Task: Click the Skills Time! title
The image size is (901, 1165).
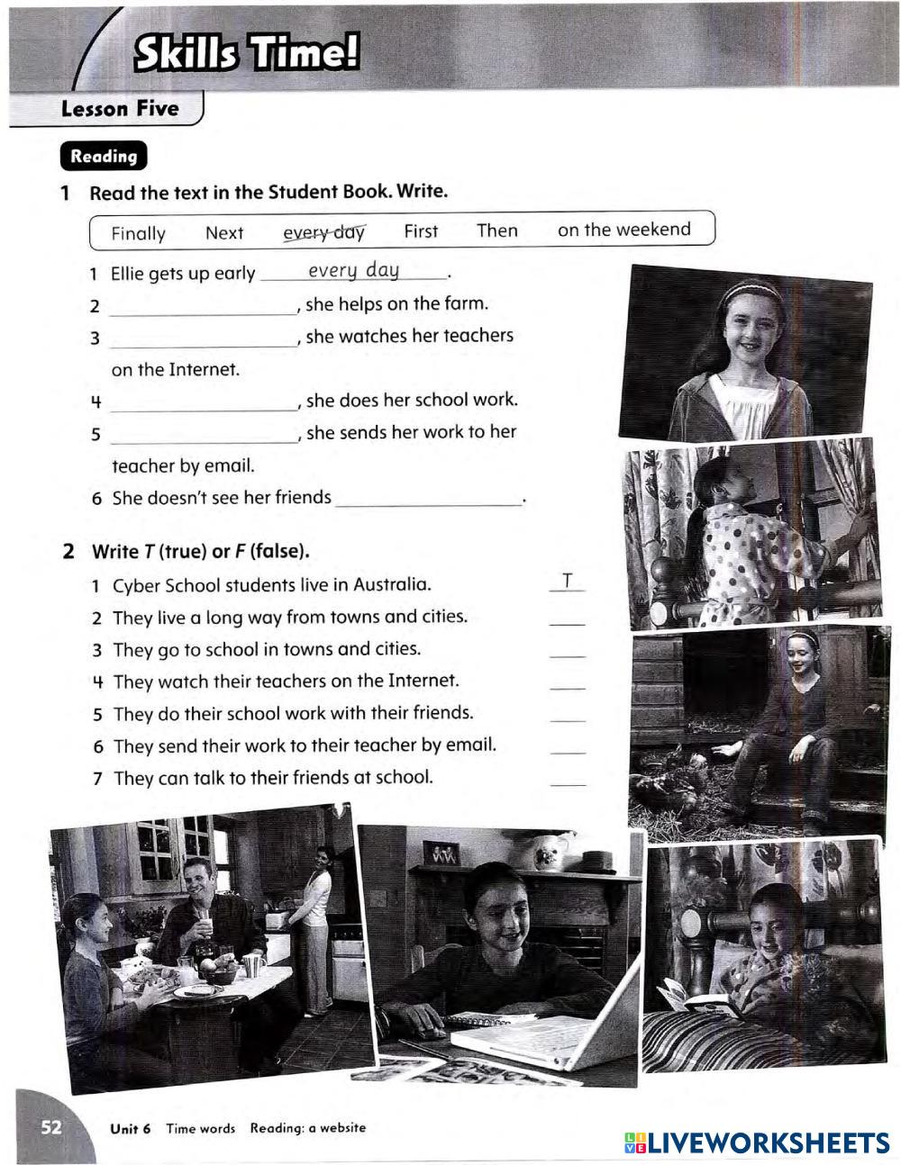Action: [247, 52]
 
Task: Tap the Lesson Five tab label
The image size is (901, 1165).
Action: [120, 108]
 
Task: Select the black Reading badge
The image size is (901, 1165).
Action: [104, 156]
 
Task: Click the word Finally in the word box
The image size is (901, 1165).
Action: [139, 233]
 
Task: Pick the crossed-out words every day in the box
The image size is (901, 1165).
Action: [324, 232]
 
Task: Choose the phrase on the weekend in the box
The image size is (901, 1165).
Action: [623, 230]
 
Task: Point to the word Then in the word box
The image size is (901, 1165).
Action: [497, 230]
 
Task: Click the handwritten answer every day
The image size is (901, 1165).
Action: [353, 270]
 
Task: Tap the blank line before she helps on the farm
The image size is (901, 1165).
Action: [204, 315]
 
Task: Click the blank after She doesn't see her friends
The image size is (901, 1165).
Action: [428, 505]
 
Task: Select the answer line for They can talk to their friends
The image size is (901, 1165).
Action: [568, 785]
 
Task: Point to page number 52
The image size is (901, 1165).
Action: [51, 1127]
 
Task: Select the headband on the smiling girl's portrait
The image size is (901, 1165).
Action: [751, 290]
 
